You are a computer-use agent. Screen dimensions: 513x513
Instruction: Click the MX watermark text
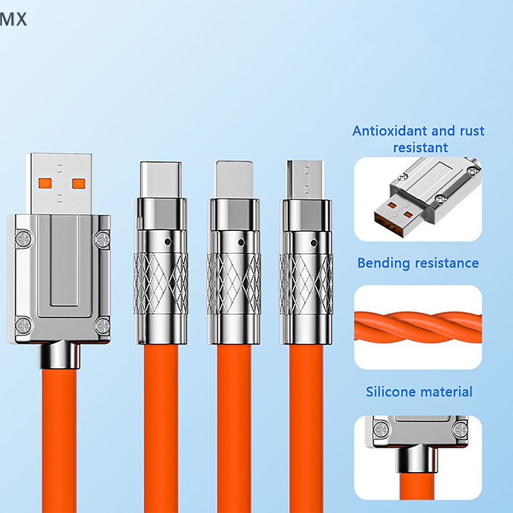coord(13,20)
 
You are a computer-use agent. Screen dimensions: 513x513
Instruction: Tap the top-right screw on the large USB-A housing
coord(101,240)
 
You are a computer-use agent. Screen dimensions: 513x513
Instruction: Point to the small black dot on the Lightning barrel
coord(241,242)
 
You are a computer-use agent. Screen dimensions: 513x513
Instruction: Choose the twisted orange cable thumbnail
coord(417,327)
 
